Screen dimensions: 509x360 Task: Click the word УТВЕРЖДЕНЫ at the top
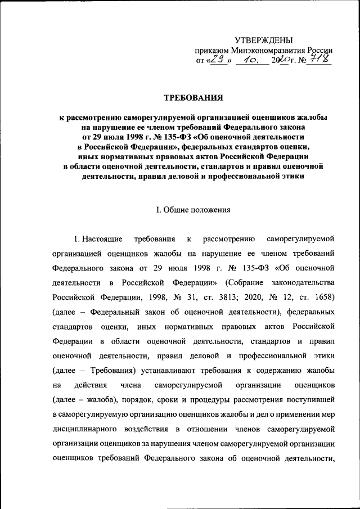point(264,39)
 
